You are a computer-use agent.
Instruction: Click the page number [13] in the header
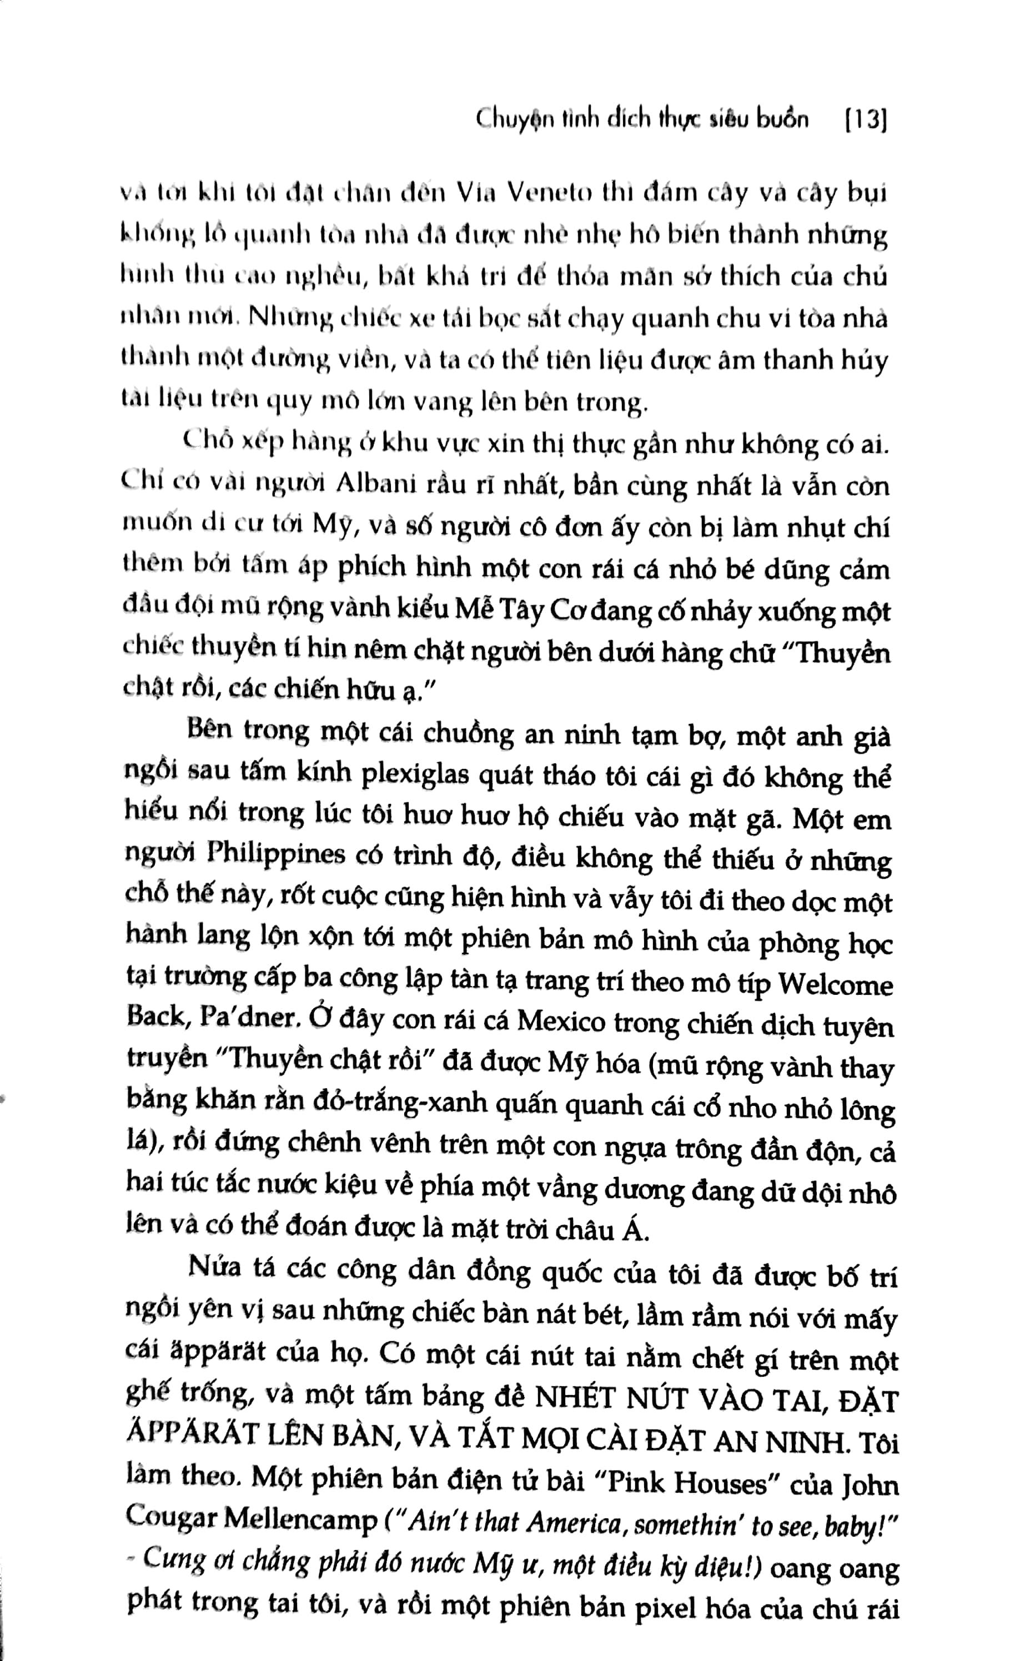point(865,120)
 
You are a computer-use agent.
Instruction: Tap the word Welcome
point(835,985)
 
